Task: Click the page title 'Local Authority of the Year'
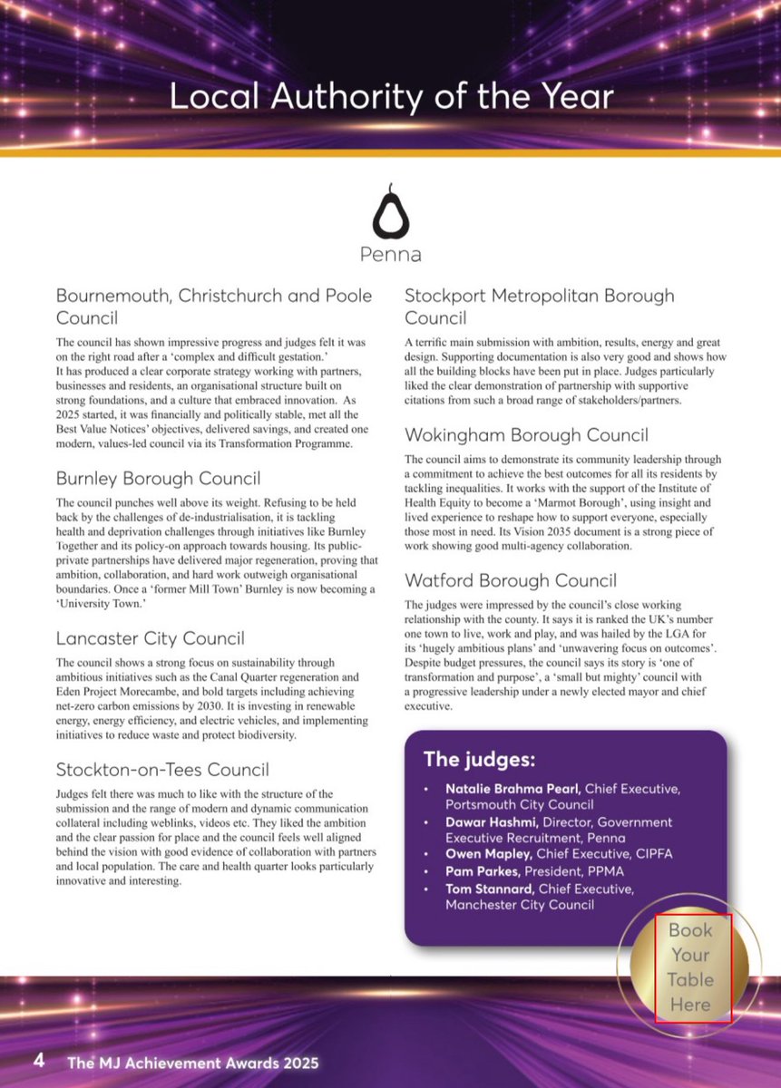391,97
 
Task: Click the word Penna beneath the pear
391,255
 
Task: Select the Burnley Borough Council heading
158,478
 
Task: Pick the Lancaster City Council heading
150,639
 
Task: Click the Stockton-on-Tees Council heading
162,770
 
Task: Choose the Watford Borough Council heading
511,580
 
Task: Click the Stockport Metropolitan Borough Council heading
539,306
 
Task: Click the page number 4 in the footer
38,1061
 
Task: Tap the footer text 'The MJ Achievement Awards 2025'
192,1063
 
